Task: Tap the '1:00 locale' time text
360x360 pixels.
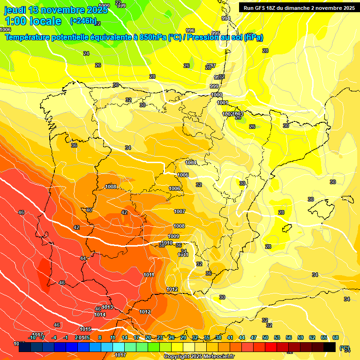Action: point(33,22)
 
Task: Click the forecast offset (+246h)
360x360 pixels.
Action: point(83,21)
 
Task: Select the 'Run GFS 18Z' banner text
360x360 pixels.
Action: point(264,8)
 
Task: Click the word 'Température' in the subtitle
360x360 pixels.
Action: point(29,37)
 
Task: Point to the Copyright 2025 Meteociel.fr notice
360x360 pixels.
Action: point(199,356)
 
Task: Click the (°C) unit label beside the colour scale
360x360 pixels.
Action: point(345,348)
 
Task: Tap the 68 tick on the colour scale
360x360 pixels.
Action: point(336,337)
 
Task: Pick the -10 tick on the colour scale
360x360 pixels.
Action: point(32,337)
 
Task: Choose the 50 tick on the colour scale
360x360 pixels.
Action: point(265,337)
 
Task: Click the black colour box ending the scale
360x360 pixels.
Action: point(330,347)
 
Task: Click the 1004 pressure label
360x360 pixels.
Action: point(191,163)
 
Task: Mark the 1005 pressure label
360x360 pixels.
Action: point(183,175)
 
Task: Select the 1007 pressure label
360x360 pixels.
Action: point(180,211)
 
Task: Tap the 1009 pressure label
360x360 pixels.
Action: point(173,236)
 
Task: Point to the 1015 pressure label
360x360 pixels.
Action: point(85,329)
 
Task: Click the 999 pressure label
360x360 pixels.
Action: point(214,86)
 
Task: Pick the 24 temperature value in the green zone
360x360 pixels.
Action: point(86,53)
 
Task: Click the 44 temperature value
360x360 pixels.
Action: point(83,258)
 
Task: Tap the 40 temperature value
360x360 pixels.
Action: point(89,210)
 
